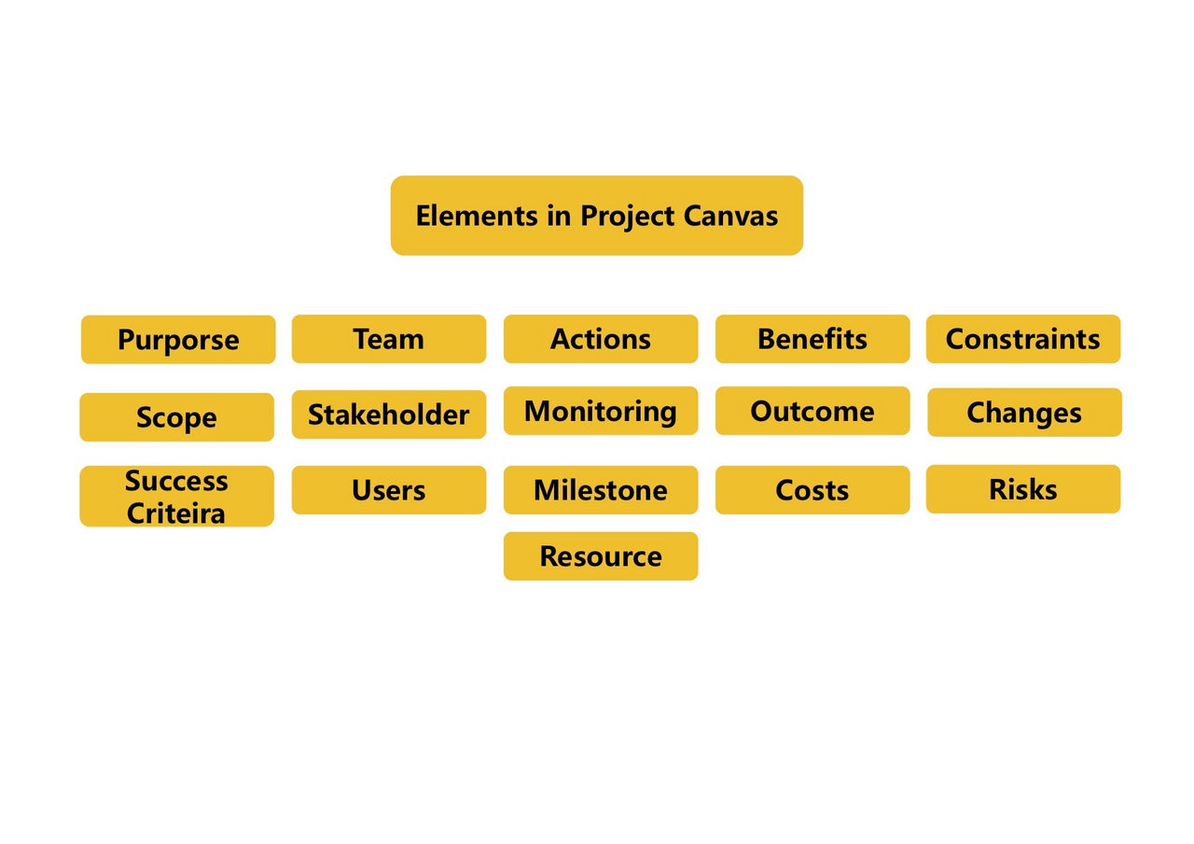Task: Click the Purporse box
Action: (178, 339)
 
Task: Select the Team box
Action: (389, 339)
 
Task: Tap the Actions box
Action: (601, 339)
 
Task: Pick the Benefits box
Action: (812, 339)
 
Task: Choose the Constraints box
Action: (1023, 339)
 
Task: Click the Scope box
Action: (177, 417)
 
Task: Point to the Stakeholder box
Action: (389, 415)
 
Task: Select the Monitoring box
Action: (601, 411)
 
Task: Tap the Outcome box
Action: (812, 411)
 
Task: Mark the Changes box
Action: (1024, 413)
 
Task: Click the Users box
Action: (389, 490)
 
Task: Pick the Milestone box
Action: (601, 490)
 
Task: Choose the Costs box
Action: (812, 490)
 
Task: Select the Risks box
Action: (1023, 489)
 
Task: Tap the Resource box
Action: (601, 556)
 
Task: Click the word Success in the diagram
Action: (176, 481)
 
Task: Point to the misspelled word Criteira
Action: (176, 513)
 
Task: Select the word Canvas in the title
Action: (730, 216)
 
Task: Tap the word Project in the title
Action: (628, 218)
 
